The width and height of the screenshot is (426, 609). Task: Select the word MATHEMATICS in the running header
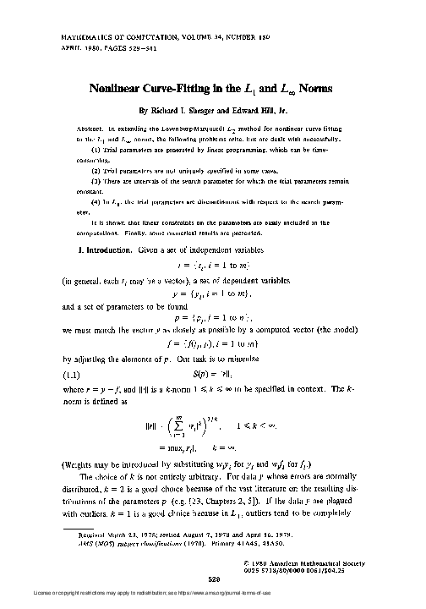click(85, 39)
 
